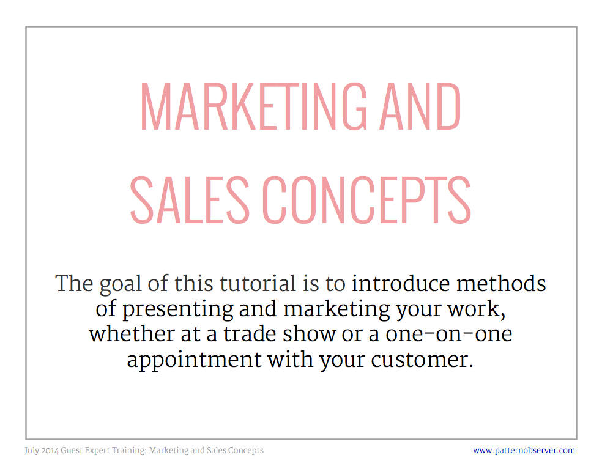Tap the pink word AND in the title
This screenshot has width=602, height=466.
(x=420, y=106)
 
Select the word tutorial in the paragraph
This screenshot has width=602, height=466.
(x=258, y=283)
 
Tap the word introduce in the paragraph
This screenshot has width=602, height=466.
(x=401, y=283)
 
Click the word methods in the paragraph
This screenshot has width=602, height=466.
(x=501, y=283)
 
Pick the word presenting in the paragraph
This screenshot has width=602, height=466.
(x=178, y=310)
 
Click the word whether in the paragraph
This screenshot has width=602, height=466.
(x=132, y=334)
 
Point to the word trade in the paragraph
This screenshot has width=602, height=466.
(x=250, y=334)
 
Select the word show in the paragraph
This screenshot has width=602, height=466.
(x=310, y=334)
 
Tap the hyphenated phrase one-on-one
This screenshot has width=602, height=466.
(x=449, y=335)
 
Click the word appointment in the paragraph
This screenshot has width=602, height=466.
(x=195, y=360)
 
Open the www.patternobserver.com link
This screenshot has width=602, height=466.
(x=524, y=450)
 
